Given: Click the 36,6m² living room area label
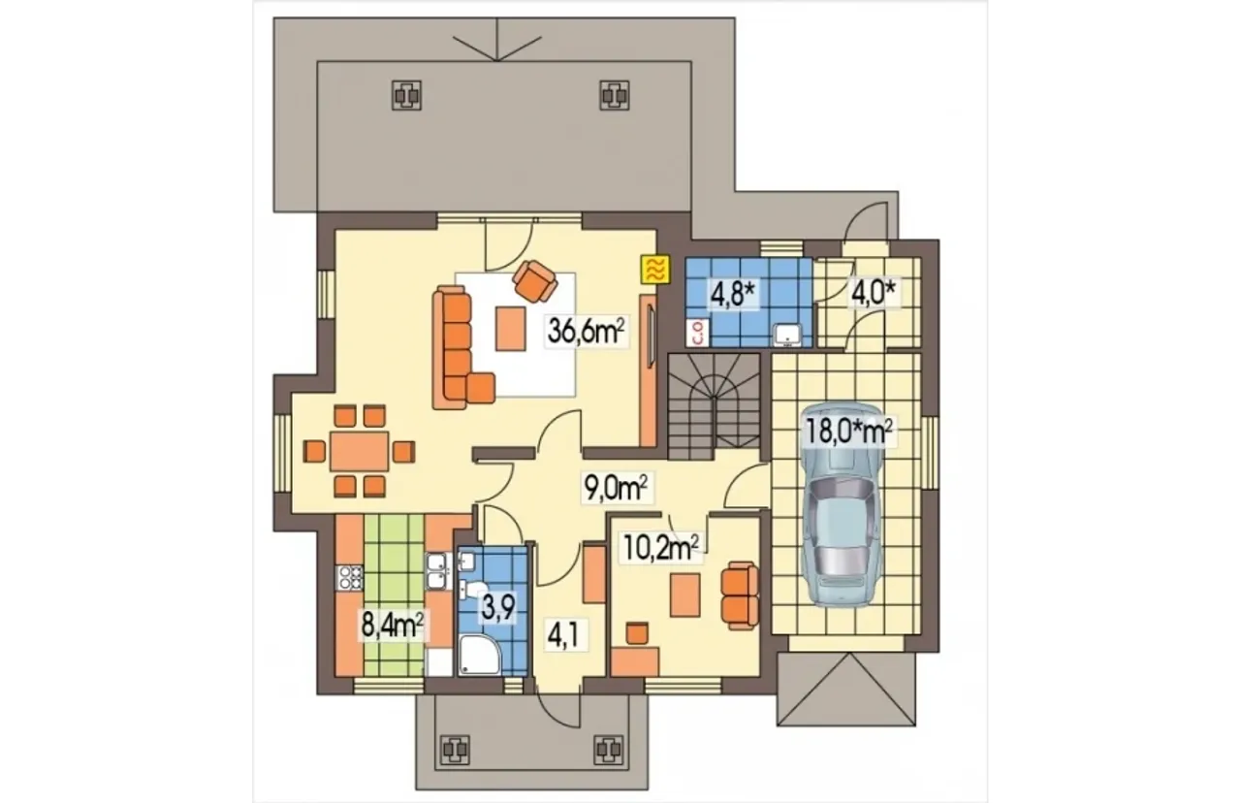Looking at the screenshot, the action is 587,331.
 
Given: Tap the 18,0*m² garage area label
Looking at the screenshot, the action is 848,431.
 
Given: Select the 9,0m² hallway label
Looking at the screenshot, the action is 616,487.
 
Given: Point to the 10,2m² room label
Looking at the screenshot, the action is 661,547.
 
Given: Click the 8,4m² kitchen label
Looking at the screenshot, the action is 393,625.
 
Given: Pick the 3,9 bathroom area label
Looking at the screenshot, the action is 499,607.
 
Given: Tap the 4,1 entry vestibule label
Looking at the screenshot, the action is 562,635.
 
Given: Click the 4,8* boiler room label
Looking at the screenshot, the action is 732,294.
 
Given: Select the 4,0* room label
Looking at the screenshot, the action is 874,293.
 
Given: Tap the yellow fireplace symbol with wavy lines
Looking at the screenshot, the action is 655,270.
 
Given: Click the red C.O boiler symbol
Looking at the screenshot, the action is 698,333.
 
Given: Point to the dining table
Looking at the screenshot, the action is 359,451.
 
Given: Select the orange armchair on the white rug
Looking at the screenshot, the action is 534,281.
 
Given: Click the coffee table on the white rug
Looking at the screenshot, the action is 510,329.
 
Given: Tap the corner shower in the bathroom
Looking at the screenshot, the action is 480,655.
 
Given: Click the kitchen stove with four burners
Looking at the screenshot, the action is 350,577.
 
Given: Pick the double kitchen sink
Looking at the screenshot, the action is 439,571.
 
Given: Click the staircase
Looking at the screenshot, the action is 714,407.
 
